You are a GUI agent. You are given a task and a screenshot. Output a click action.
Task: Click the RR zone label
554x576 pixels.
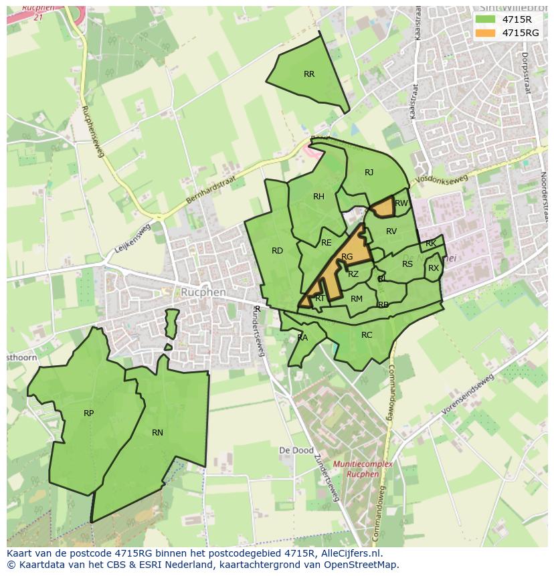point(308,74)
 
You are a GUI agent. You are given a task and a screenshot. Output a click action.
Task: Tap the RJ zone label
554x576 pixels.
point(369,173)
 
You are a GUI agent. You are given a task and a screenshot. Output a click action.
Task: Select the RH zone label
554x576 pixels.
point(318,197)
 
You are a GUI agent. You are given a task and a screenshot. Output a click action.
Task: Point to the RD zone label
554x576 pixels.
point(277,251)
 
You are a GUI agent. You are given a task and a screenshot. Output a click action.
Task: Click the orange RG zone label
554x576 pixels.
point(347,257)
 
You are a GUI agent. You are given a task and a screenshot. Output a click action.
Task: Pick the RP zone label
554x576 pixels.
point(88,413)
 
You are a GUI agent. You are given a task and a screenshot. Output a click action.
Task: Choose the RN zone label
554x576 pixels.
point(157,433)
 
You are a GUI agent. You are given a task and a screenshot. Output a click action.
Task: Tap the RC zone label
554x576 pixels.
point(367,335)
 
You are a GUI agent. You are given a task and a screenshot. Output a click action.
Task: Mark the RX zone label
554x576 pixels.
point(434,268)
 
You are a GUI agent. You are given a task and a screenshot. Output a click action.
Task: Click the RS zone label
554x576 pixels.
point(407,264)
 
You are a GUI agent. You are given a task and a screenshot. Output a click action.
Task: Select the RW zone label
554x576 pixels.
point(401,203)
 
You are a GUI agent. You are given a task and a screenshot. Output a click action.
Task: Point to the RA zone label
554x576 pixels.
point(302,338)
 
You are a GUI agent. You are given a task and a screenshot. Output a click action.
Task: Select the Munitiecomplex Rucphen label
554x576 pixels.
point(362,469)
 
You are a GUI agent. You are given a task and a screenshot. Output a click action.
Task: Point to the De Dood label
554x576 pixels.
point(296,451)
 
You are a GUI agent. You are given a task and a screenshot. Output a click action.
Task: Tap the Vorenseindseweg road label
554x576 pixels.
point(468,395)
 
